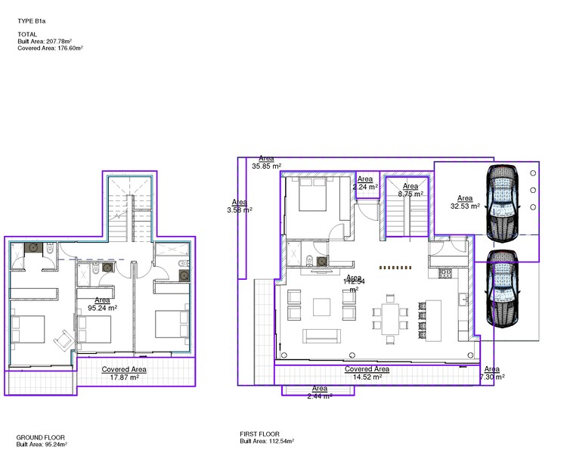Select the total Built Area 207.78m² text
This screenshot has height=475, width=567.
[48, 41]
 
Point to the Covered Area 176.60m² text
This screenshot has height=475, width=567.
[50, 48]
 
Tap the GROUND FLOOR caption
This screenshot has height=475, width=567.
[40, 437]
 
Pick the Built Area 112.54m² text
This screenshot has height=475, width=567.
[267, 441]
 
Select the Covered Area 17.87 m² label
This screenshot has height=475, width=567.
[124, 374]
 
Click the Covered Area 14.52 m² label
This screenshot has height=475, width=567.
[367, 373]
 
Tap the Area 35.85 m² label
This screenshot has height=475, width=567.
[266, 162]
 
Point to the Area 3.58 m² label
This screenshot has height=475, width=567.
[240, 206]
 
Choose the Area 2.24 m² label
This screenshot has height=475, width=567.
[365, 183]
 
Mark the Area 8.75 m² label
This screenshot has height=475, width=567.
[411, 190]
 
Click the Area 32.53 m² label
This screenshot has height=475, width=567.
[465, 202]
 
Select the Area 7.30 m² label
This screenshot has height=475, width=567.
[491, 373]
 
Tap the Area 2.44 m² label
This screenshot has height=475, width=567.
[318, 392]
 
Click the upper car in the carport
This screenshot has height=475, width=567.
[502, 202]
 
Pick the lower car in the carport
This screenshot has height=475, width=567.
[502, 290]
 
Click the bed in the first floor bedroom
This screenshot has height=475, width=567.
[311, 196]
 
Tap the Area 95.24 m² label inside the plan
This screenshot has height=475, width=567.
[102, 304]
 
